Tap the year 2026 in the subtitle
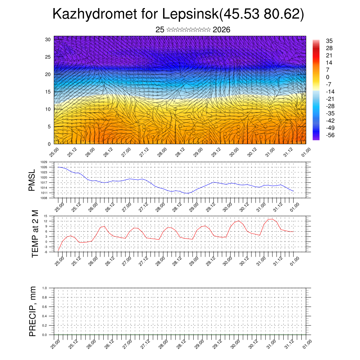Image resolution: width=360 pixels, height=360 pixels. (221, 30)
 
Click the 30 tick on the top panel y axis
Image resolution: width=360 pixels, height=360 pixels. (48, 39)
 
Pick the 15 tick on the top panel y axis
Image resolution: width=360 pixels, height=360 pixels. (48, 92)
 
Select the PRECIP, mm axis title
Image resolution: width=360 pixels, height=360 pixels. (33, 311)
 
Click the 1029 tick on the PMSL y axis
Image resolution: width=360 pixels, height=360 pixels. (44, 162)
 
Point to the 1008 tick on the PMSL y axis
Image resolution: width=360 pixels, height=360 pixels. (44, 198)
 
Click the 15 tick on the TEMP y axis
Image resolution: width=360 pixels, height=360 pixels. (46, 216)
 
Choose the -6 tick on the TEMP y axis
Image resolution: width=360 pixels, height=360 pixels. (46, 252)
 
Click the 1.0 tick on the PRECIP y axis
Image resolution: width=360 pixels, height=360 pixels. (45, 288)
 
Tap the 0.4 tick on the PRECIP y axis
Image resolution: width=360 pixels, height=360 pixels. (45, 316)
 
